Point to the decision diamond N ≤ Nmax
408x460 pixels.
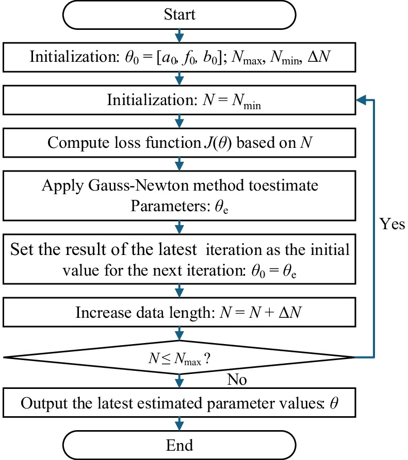pos(179,357)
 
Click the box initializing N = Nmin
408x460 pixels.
pos(179,99)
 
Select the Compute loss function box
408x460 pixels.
pos(179,143)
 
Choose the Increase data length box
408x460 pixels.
pos(179,313)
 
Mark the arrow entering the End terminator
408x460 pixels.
pos(179,423)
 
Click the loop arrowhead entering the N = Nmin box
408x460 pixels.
pos(360,99)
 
